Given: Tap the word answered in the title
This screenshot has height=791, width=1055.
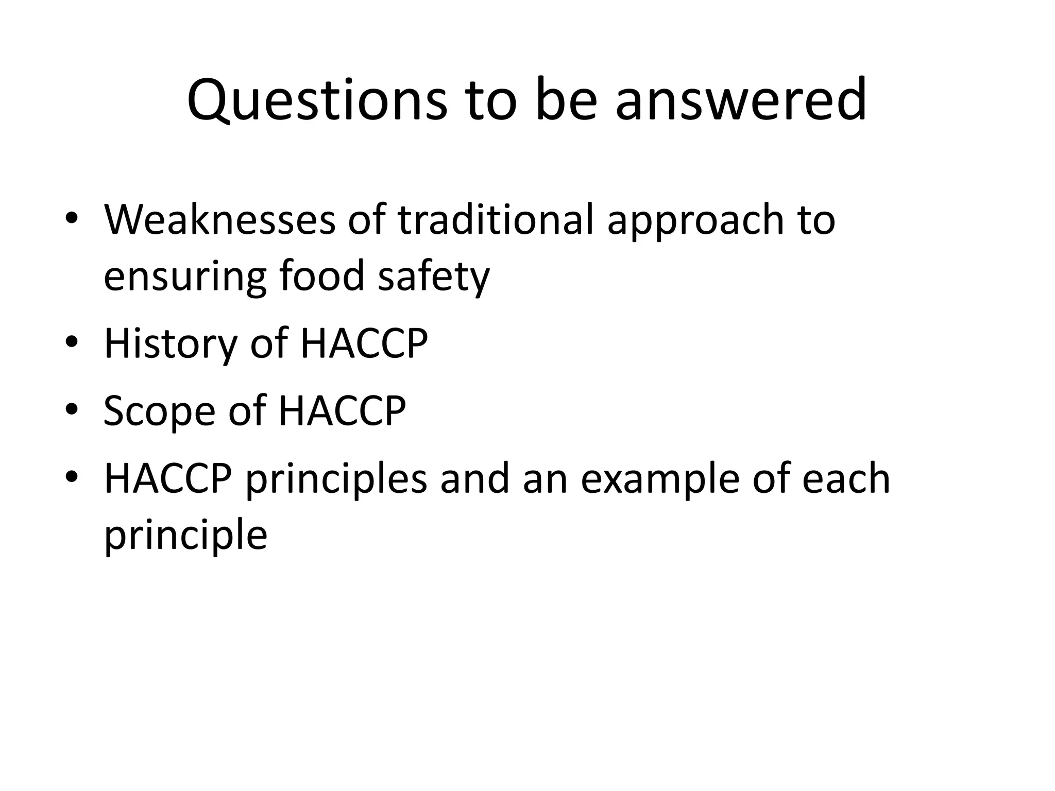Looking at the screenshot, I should pyautogui.click(x=741, y=100).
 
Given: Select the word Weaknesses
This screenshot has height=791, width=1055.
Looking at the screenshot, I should pyautogui.click(x=219, y=220).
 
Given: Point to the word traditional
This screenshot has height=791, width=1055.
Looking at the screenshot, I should pyautogui.click(x=496, y=220).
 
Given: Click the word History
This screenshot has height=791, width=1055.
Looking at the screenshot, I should pyautogui.click(x=170, y=343).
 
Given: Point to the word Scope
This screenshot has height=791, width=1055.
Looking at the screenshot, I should pyautogui.click(x=159, y=411).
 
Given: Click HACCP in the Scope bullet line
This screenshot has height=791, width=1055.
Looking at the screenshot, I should pyautogui.click(x=342, y=410).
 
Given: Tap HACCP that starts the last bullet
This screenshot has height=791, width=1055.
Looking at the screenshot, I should pyautogui.click(x=167, y=478).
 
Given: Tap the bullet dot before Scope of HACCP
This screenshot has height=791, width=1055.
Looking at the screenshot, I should pyautogui.click(x=72, y=409).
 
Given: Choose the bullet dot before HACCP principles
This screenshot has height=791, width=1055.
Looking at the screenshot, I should pyautogui.click(x=72, y=477).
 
